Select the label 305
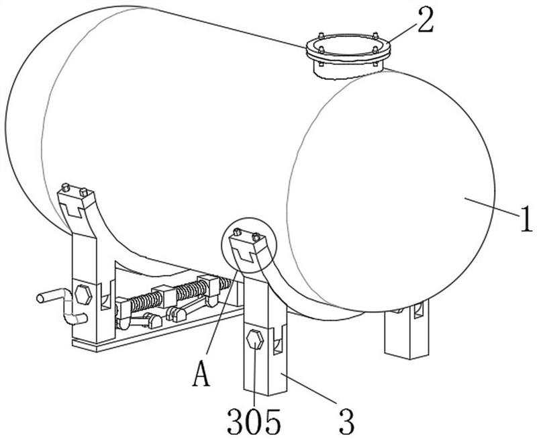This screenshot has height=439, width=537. (x=254, y=420)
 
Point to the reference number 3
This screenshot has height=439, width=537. (x=346, y=422)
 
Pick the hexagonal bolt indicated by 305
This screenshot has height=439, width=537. (x=255, y=340)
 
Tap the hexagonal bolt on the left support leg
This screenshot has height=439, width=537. (x=83, y=295)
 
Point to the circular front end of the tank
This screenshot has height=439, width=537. (x=391, y=191)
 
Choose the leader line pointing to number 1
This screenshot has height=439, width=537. (x=492, y=207)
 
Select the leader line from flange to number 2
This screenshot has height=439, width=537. (x=403, y=31)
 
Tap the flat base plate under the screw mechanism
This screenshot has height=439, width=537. (x=158, y=329)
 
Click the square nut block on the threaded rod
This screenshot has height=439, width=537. (x=164, y=295)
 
